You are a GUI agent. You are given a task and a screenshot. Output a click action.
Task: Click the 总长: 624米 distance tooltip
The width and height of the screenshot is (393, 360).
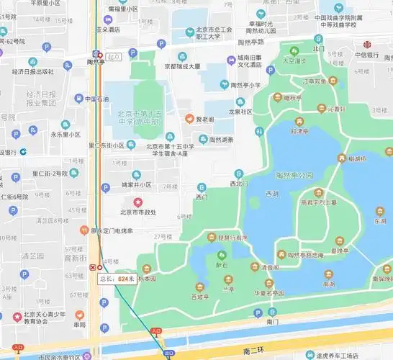click(117, 278)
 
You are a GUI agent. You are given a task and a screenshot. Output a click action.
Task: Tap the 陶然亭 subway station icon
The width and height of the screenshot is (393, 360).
click(96, 53)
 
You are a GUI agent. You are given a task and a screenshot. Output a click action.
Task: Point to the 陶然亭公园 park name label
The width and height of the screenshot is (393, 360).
click(295, 175)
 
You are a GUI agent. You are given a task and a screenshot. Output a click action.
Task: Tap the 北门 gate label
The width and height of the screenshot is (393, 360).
click(318, 49)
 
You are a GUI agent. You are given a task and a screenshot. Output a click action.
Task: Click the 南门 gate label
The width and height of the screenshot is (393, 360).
click(272, 322)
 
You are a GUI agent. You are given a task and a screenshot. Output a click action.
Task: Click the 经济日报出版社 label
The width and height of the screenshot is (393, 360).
click(32, 71)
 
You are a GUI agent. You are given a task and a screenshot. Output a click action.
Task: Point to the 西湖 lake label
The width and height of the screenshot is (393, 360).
click(271, 194)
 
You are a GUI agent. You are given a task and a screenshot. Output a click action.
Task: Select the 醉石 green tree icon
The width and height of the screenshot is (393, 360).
click(220, 254)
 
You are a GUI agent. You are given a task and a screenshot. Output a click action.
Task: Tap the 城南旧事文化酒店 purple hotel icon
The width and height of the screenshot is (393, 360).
click(224, 62)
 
